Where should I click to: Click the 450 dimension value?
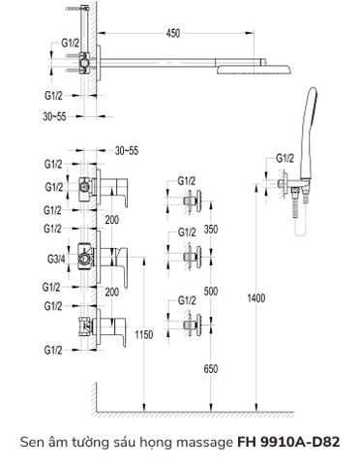[x=173, y=33]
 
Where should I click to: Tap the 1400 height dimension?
[x=256, y=297]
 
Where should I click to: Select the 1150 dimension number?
[x=144, y=334]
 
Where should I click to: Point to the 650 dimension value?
[x=211, y=368]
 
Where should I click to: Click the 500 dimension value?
[x=211, y=291]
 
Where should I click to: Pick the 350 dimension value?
[x=211, y=229]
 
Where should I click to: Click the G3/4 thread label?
[x=56, y=259]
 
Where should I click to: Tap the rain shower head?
[x=255, y=70]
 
